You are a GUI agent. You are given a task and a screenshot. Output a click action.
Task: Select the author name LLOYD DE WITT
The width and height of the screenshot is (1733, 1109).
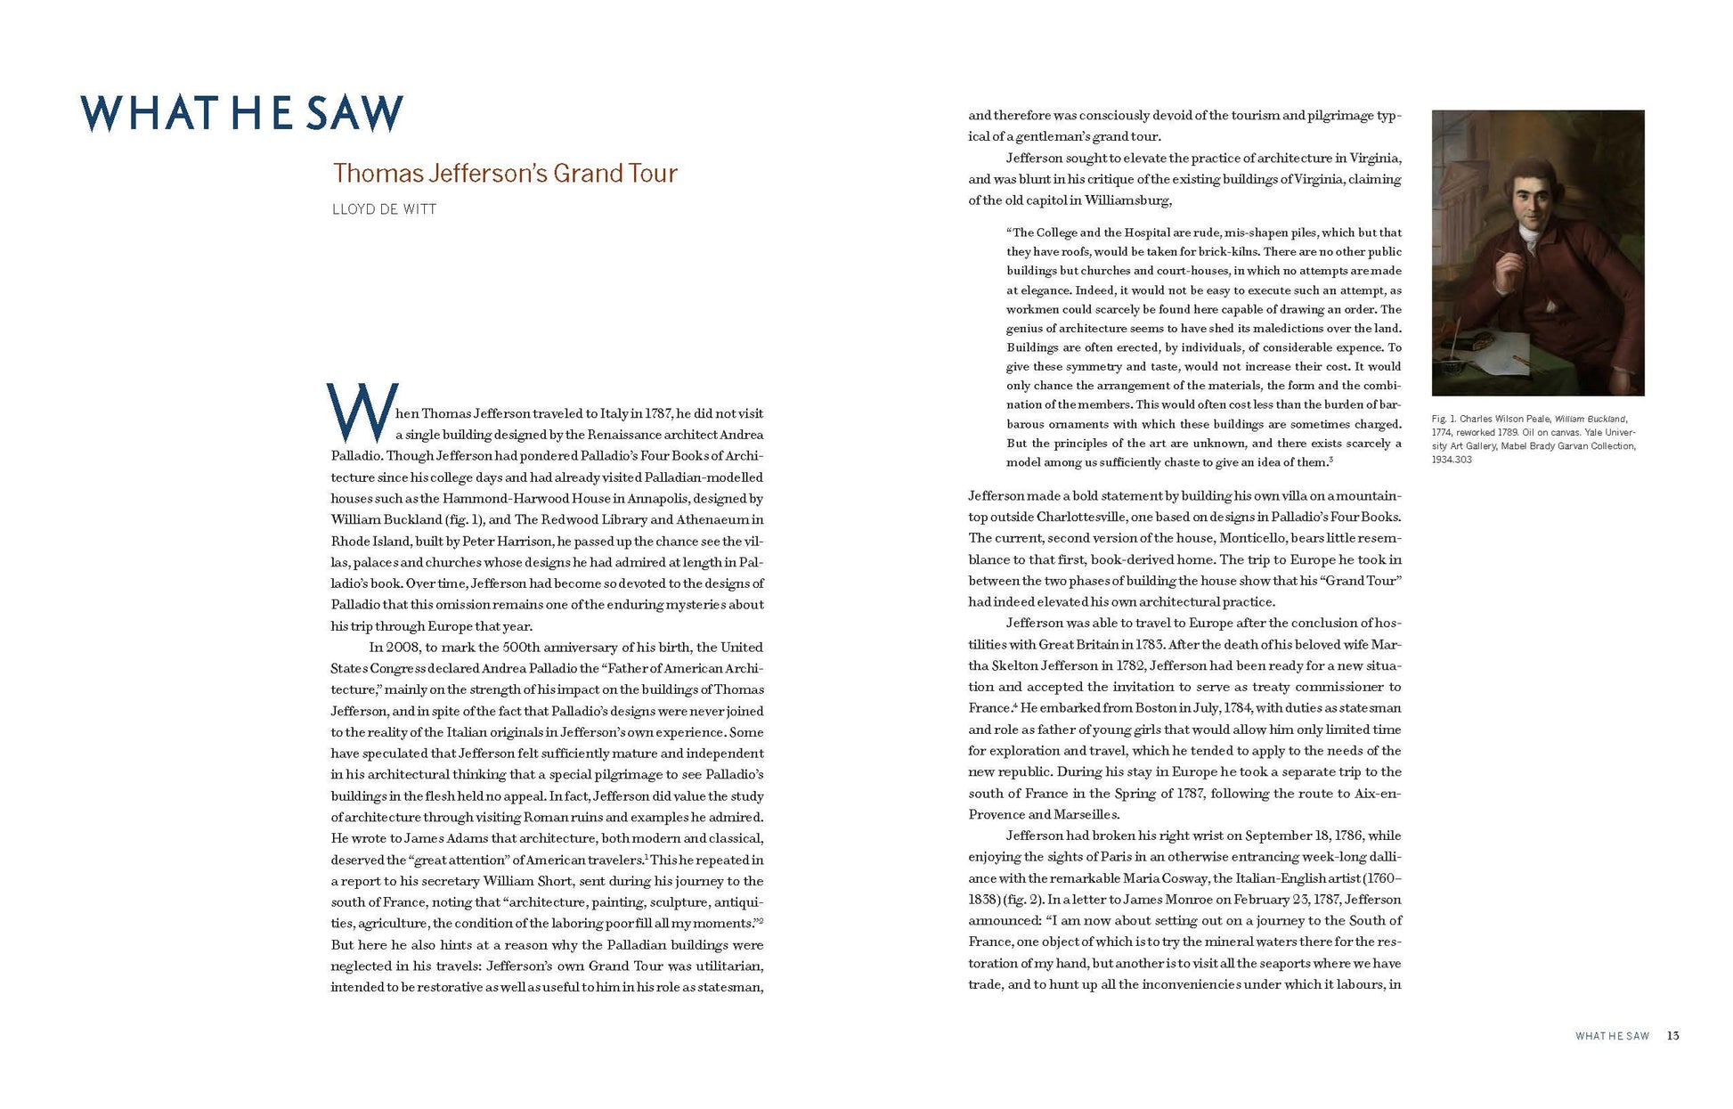pos(384,209)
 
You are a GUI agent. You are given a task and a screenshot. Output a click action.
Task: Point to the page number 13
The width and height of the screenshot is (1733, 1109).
pos(1672,1035)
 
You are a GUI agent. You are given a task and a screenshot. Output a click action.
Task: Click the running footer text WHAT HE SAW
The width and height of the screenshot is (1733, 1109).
pos(1612,1036)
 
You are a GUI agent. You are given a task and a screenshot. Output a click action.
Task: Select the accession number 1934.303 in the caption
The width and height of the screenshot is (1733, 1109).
pos(1452,460)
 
